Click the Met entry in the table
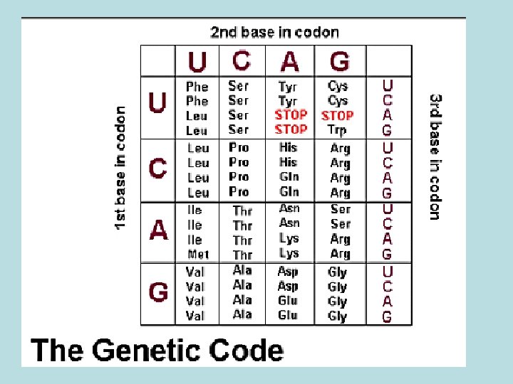point(198,254)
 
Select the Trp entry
point(337,130)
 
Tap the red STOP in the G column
point(338,115)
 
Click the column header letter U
point(197,62)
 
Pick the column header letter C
point(242,60)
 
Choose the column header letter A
point(290,62)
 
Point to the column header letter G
point(340,62)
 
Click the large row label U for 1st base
point(157,105)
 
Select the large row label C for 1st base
point(157,169)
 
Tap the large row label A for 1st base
point(158,230)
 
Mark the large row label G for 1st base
point(158,292)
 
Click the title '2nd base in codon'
point(274,32)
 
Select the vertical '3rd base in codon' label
point(435,156)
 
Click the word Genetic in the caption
point(167,351)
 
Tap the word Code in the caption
point(249,351)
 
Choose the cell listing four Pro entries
point(239,169)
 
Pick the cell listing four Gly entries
point(338,294)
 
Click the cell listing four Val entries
point(195,293)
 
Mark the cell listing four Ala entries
point(242,292)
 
